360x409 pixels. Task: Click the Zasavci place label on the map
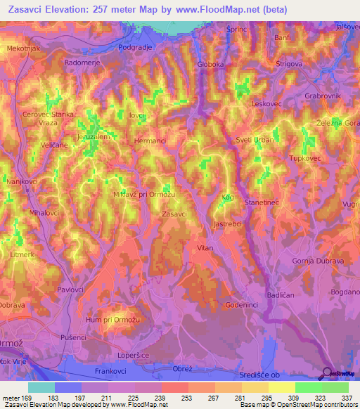pos(174,214)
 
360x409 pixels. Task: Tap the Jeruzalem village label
pos(93,137)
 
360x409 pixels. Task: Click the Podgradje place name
pos(135,47)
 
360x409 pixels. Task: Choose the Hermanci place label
pos(150,141)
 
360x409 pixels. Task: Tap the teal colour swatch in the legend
pos(41,387)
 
